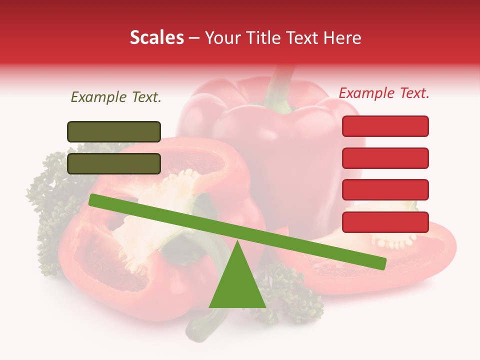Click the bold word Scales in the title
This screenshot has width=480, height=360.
tap(156, 38)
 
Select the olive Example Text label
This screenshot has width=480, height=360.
tap(116, 97)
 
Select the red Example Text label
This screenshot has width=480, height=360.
tap(384, 93)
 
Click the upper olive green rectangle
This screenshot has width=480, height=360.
tap(114, 131)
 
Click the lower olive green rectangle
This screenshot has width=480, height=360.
tap(114, 163)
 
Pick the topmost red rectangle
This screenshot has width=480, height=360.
tap(385, 126)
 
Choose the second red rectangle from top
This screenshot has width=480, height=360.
tap(385, 158)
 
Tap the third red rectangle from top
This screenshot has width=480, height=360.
tap(385, 189)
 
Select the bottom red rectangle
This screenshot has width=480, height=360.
tap(385, 222)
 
